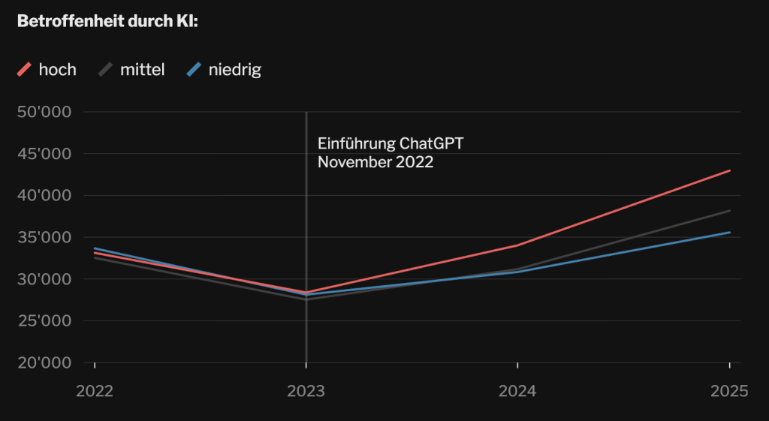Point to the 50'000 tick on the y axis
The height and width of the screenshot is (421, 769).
click(x=44, y=113)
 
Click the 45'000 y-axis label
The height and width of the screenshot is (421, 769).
click(x=44, y=154)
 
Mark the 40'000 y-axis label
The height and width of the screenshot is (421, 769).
click(x=44, y=196)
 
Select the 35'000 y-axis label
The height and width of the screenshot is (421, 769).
click(x=44, y=238)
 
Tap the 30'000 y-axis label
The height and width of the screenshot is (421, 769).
click(x=44, y=279)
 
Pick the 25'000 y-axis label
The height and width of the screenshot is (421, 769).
click(x=44, y=321)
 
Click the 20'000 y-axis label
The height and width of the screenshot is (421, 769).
click(x=44, y=363)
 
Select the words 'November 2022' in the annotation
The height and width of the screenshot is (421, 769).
click(x=375, y=161)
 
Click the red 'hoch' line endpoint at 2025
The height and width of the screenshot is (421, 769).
click(x=729, y=170)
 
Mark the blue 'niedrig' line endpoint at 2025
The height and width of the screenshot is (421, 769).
click(x=729, y=232)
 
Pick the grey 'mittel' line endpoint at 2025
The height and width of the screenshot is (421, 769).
click(x=729, y=211)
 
